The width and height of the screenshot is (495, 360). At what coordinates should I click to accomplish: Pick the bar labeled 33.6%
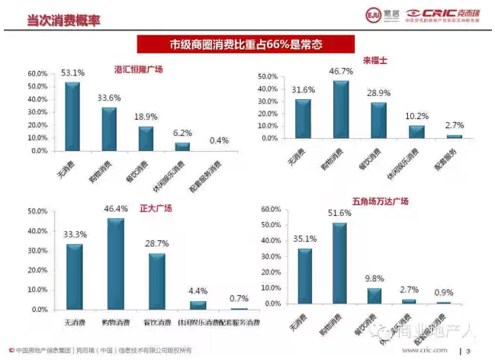coord(109,129)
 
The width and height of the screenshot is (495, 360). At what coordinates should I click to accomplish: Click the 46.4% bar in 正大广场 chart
coord(115,264)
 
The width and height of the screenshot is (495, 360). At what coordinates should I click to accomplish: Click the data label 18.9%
coord(146,117)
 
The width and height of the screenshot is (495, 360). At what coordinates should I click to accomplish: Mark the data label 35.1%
coord(304,238)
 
